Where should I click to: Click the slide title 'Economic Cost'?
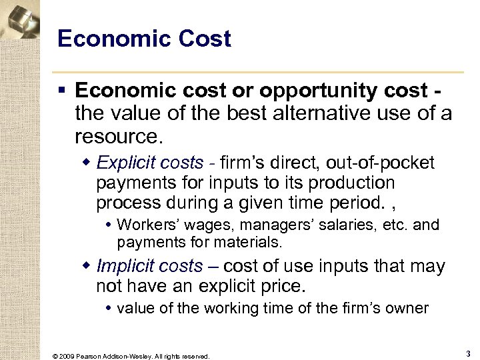pos(144,39)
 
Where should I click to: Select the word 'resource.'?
pos(119,137)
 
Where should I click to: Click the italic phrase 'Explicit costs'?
pos(150,163)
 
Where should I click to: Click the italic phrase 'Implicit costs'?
pos(149,266)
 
